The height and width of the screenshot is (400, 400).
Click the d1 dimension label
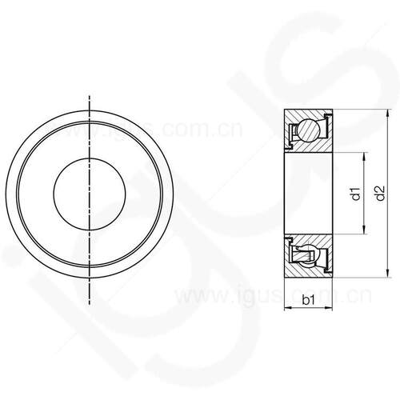pos(356,194)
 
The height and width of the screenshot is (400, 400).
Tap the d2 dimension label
pos(380,194)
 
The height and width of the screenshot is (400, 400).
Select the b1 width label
pos(308,300)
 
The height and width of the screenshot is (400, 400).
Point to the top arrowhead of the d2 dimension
pos(388,114)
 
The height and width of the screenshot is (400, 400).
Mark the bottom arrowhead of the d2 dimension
pos(388,274)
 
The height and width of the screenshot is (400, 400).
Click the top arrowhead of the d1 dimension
pos(364,157)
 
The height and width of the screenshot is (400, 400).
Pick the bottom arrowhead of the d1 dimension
pos(364,230)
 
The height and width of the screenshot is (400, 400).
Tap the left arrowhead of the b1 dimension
pos(289,309)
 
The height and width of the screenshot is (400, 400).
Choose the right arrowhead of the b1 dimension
pos(329,309)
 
